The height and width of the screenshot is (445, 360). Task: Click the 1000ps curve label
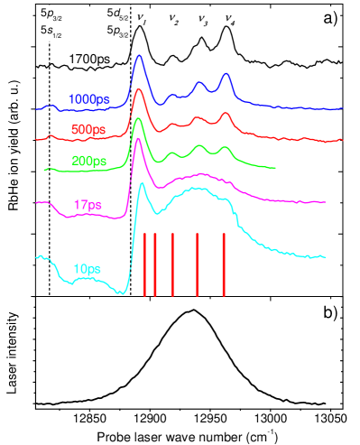tap(88, 98)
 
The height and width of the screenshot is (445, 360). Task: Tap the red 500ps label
tap(88, 130)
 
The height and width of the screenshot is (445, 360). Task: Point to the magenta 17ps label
tap(88, 204)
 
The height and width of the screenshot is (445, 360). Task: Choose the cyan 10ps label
tap(87, 269)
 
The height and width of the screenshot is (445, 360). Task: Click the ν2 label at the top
tap(172, 18)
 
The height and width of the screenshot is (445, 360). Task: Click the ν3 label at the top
tap(202, 19)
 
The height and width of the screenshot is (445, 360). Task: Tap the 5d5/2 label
tap(118, 14)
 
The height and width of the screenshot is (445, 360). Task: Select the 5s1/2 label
tap(51, 31)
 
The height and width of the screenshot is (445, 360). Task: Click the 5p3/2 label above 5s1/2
tap(51, 14)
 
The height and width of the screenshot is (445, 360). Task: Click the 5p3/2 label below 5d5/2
tap(118, 31)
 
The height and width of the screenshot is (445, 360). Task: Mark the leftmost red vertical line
tap(144, 264)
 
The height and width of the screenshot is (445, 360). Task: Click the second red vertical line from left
tap(155, 264)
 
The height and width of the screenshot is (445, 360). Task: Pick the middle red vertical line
tap(172, 264)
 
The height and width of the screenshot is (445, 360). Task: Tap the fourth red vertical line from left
tap(198, 264)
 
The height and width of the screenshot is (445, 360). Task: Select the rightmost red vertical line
tap(224, 264)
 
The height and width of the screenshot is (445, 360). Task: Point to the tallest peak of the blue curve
tap(138, 56)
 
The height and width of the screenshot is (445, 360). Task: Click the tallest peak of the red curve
tap(138, 89)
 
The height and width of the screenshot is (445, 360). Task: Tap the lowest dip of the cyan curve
tap(125, 294)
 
